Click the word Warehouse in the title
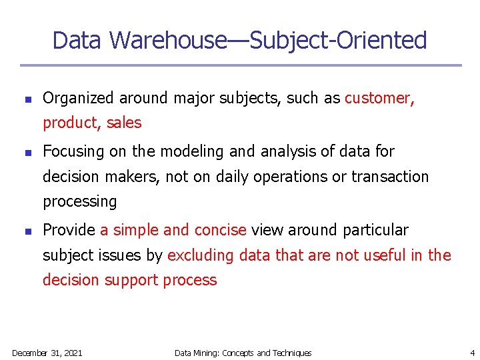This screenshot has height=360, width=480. tap(168, 41)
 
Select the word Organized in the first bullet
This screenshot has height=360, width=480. tap(78, 99)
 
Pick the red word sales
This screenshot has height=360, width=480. tap(123, 123)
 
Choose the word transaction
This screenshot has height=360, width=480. tap(390, 177)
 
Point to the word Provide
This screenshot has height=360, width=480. tap(69, 231)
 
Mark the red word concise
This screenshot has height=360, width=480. tap(220, 231)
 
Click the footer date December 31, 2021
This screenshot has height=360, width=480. tap(47, 353)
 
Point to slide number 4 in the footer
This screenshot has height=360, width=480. tap(471, 353)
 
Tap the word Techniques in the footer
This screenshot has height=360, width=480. tap(292, 353)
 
